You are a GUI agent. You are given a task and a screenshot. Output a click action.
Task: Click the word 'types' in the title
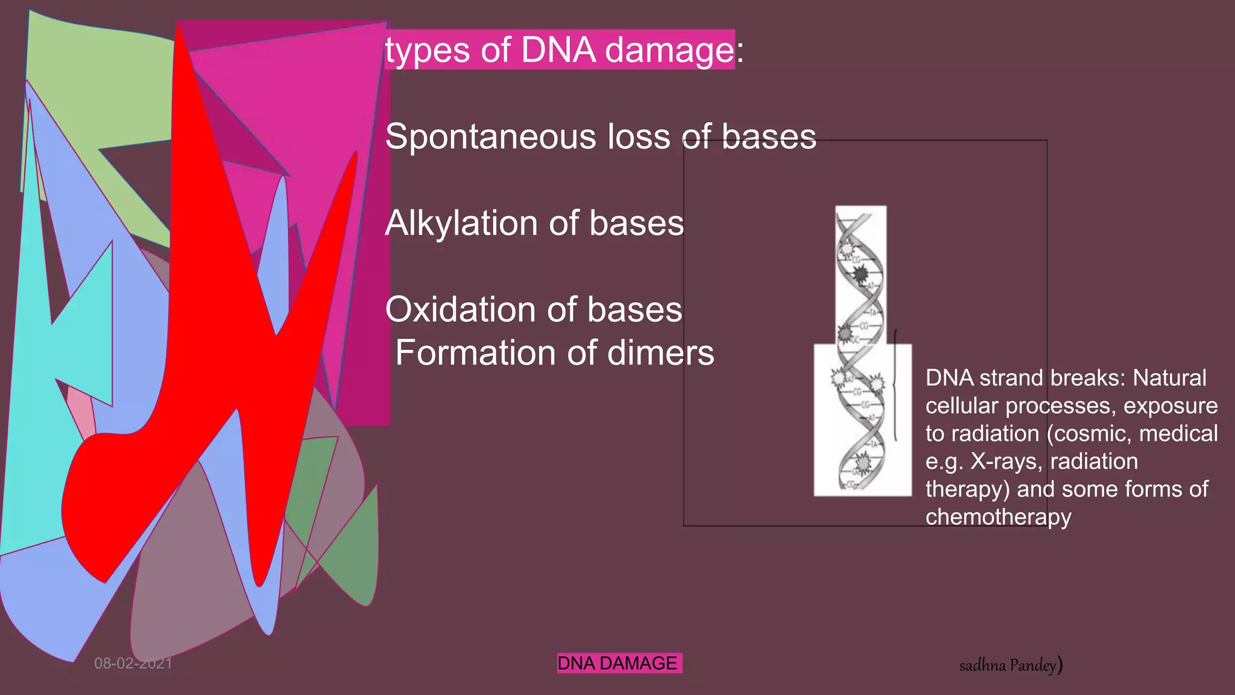tap(427, 51)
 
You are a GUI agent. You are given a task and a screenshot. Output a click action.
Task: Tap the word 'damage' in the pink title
tap(669, 51)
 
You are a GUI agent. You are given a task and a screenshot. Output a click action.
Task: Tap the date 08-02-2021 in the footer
tap(133, 664)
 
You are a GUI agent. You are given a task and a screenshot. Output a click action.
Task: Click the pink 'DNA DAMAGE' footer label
tap(618, 663)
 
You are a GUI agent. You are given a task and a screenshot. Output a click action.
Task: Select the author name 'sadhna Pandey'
tap(1008, 665)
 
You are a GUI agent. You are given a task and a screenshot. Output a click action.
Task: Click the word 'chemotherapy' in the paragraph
tap(998, 517)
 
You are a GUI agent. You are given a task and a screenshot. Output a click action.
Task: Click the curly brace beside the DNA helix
tap(895, 386)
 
